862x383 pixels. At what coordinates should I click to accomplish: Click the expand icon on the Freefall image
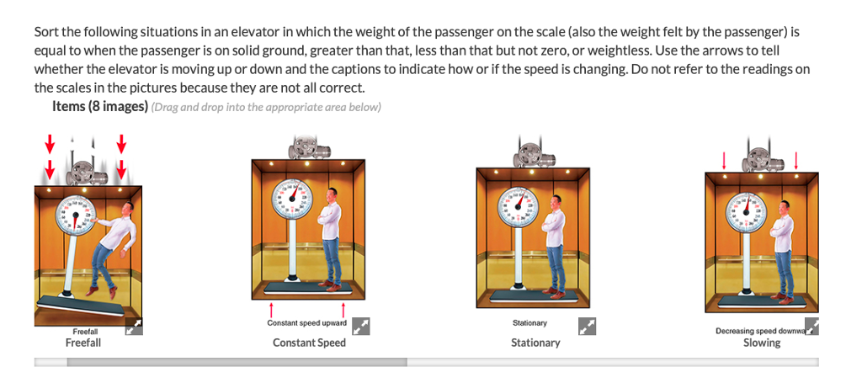click(x=134, y=327)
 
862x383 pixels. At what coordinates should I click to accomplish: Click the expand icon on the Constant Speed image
click(x=360, y=327)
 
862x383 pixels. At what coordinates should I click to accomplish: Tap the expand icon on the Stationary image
click(x=587, y=326)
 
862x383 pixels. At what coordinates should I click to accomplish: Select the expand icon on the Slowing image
click(x=811, y=327)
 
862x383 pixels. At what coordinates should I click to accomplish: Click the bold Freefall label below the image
click(x=83, y=343)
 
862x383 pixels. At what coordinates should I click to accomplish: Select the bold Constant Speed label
click(x=309, y=343)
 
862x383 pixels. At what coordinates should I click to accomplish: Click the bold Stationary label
click(x=535, y=343)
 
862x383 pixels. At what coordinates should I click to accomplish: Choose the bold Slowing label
click(x=762, y=343)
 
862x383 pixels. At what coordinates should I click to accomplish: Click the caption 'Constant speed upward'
click(x=306, y=323)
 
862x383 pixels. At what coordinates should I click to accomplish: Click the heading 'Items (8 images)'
click(x=99, y=107)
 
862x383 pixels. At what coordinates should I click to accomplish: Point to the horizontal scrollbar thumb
click(x=237, y=362)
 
